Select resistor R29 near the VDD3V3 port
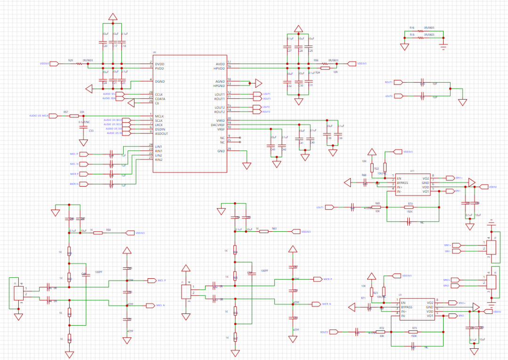(79, 63)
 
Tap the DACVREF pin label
(217, 124)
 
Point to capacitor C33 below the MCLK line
(83, 127)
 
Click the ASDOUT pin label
(162, 133)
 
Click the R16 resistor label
(412, 28)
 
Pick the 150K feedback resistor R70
(409, 207)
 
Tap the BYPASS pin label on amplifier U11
(402, 183)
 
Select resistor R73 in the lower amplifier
(414, 331)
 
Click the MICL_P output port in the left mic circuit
(151, 281)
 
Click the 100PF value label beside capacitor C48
(99, 272)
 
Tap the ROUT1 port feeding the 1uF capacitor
(398, 82)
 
